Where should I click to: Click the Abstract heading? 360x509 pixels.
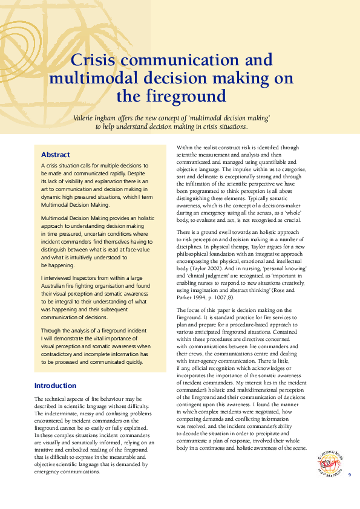click(55, 155)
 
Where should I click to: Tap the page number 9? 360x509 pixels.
click(349, 475)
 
